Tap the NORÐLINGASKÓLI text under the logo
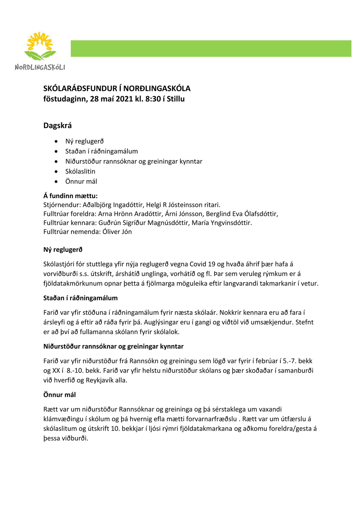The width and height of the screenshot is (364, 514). point(40,67)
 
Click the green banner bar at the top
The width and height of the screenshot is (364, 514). point(211,48)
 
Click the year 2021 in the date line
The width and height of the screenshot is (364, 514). point(124,99)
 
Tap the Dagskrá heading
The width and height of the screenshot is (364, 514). point(57,125)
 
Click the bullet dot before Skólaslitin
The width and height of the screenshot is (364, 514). point(56,172)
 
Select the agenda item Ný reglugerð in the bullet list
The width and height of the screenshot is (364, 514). point(84,141)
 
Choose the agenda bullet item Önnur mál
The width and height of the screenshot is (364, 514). point(81,181)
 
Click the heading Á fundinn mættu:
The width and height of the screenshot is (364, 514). point(70,196)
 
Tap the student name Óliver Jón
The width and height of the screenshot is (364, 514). point(117,232)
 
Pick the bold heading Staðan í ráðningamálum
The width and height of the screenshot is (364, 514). point(80,298)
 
